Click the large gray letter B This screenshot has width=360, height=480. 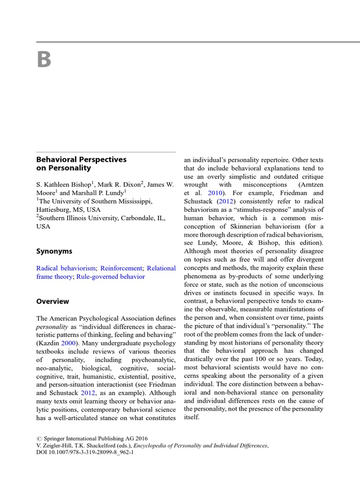click(x=44, y=60)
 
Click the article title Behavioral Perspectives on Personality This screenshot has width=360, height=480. click(x=82, y=163)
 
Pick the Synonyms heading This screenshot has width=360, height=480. click(x=54, y=251)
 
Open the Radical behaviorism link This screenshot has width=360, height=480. click(x=66, y=268)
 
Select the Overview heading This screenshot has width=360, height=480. click(x=52, y=301)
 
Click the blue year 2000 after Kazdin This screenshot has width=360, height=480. click(x=68, y=343)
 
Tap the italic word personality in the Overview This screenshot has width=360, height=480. click(x=52, y=326)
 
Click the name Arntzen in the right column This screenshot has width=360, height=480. click(x=308, y=185)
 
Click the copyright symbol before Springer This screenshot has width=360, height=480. click(x=39, y=439)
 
